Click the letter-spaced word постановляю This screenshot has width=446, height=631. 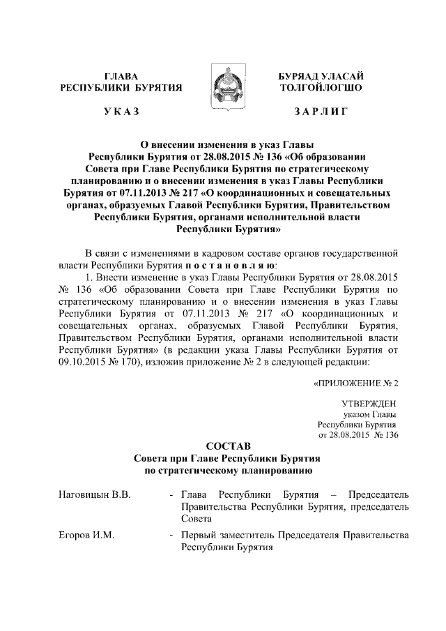(x=231, y=266)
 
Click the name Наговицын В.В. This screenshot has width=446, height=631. (x=85, y=494)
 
